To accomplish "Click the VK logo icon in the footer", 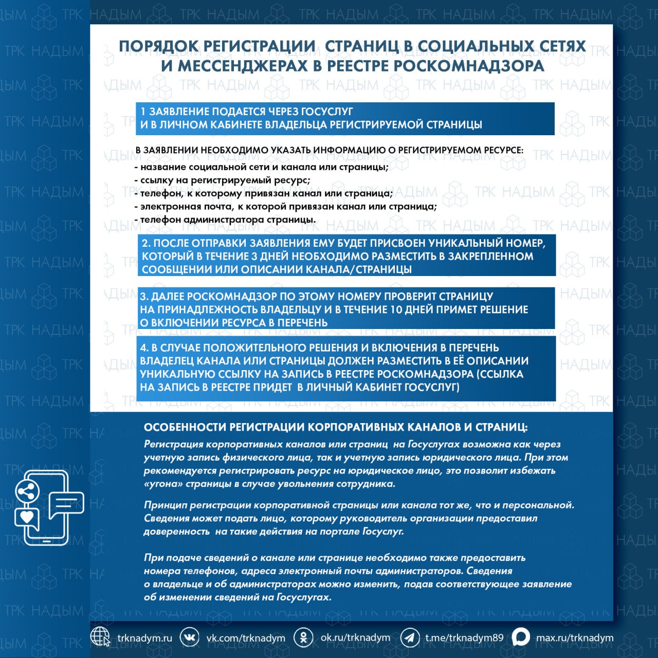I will (190, 637).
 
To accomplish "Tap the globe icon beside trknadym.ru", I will (100, 637).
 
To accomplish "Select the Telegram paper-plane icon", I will (410, 637).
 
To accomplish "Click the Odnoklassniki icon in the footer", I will (303, 637).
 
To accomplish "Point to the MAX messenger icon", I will (521, 637).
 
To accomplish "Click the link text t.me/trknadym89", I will (464, 638).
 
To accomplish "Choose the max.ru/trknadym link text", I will (575, 638).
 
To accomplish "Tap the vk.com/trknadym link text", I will (246, 638).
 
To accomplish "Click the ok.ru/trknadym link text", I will (355, 637).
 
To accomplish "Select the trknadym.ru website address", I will (144, 638).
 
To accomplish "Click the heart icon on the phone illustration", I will (27, 516).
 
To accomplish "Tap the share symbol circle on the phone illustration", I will (27, 491).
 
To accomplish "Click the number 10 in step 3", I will (396, 309).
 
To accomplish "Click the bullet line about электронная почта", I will (285, 207).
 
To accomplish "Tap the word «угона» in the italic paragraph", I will (163, 484).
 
